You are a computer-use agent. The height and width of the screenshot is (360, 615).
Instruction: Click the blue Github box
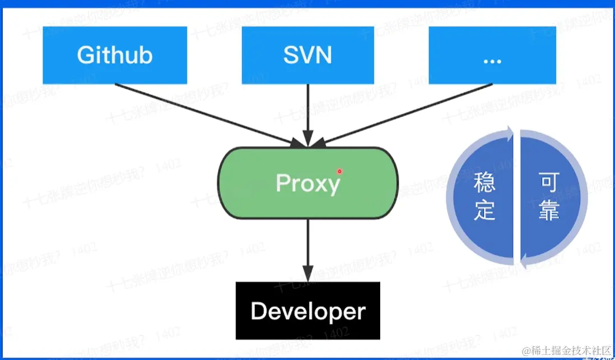[x=114, y=55]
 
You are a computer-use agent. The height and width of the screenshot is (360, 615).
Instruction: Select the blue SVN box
[x=307, y=55]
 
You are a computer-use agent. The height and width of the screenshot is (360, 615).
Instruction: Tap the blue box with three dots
[x=492, y=55]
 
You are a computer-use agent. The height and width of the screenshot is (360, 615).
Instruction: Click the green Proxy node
[x=307, y=182]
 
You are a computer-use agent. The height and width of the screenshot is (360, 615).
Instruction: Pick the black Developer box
[x=307, y=311]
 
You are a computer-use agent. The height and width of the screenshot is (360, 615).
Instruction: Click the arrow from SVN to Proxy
[x=307, y=112]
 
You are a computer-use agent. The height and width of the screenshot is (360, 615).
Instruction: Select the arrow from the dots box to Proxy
[x=404, y=112]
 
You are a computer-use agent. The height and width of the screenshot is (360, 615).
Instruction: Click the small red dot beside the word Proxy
[x=339, y=171]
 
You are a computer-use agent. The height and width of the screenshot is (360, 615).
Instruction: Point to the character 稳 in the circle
[x=485, y=183]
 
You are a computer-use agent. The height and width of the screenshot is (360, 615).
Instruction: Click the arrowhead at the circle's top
[x=510, y=132]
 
